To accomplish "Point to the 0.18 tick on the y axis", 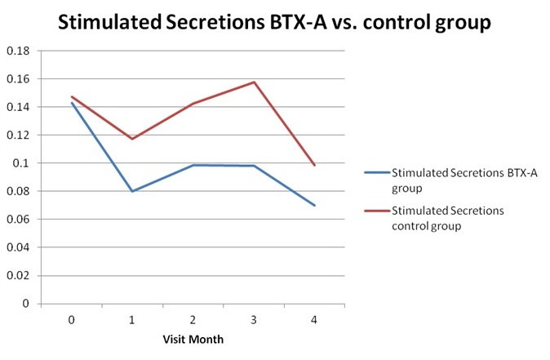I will coord(18,51).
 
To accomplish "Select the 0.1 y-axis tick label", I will coord(22,163).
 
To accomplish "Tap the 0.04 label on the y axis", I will coord(18,247).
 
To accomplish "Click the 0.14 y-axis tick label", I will coord(18,107).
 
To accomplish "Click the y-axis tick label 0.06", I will coord(18,220).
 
